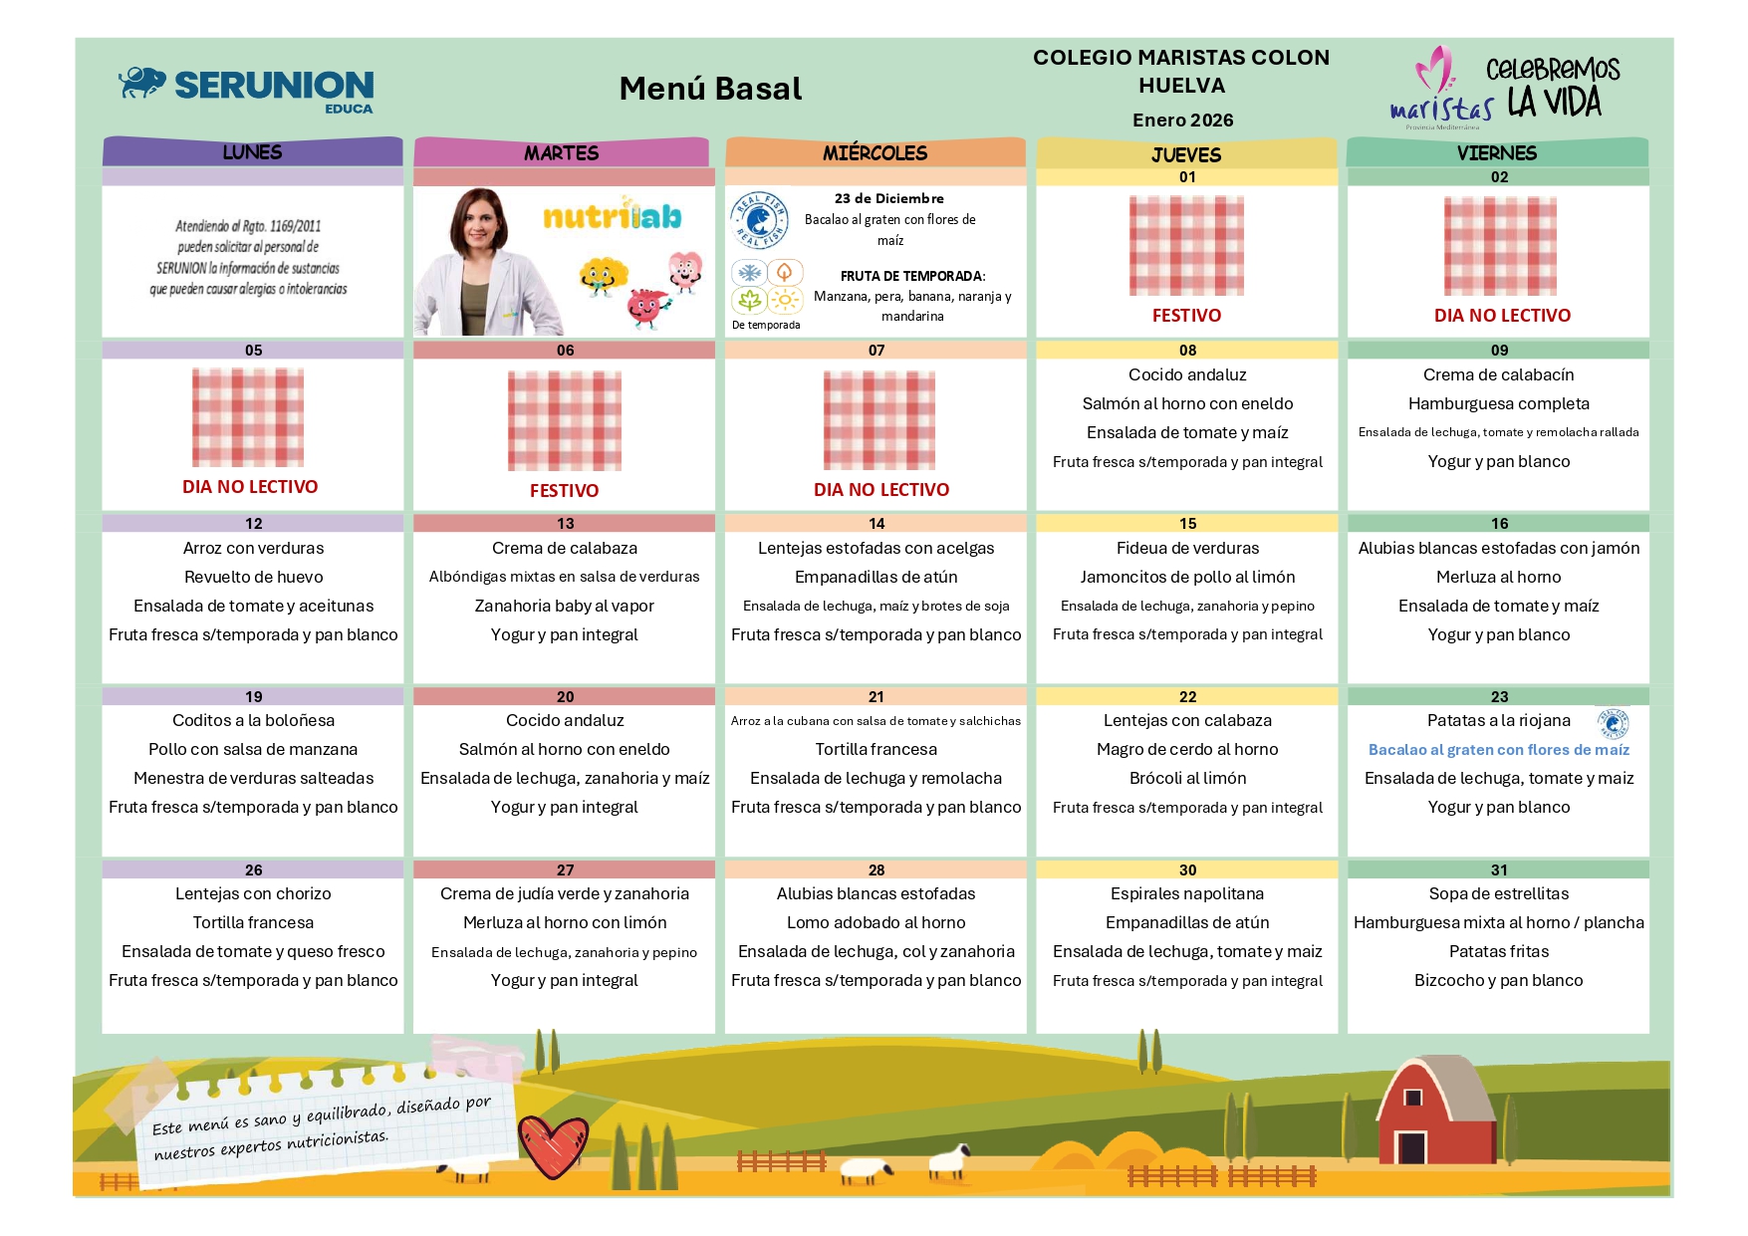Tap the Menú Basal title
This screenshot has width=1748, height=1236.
[x=710, y=89]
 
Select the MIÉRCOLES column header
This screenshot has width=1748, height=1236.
[x=874, y=152]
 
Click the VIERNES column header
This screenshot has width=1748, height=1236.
[x=1497, y=152]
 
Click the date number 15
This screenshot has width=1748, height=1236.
[x=1187, y=524]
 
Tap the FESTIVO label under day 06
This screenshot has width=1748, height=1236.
[x=564, y=490]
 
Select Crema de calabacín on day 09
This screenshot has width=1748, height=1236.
[x=1498, y=374]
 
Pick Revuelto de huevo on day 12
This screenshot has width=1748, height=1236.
[x=253, y=577]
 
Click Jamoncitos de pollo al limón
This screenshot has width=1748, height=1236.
[x=1187, y=577]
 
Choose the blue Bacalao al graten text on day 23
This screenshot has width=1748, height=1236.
[x=1498, y=750]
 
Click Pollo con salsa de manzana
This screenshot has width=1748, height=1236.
[x=253, y=749]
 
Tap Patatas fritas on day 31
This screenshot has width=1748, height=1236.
[x=1498, y=951]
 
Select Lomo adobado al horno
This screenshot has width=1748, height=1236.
[x=875, y=922]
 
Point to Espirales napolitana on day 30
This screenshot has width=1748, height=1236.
[x=1187, y=893]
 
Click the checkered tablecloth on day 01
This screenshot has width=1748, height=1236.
[x=1186, y=245]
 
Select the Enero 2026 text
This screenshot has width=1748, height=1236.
[x=1182, y=121]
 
